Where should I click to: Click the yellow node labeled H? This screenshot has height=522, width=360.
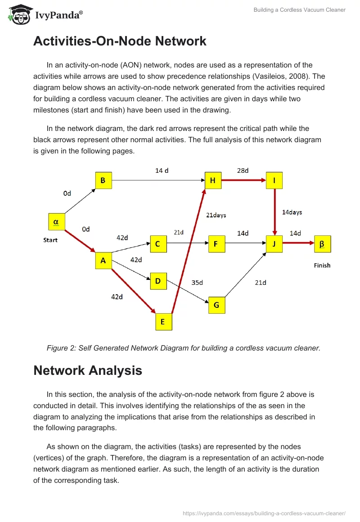point(213,180)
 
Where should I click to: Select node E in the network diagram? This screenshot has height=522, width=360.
point(163,321)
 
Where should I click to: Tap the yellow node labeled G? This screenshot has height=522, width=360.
point(216,305)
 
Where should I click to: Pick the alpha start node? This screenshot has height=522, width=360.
point(56,221)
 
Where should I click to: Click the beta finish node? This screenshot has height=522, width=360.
point(322,244)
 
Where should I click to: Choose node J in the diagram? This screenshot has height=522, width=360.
point(274,244)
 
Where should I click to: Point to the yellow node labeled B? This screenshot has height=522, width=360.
point(103,180)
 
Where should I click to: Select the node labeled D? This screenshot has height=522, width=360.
point(158,281)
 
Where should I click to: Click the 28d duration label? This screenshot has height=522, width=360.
point(243,171)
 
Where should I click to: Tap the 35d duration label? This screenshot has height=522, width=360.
point(197,283)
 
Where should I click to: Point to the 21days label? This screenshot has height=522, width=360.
point(216,215)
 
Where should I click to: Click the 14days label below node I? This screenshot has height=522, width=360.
point(292,212)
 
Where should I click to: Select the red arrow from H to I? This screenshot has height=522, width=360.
point(243,180)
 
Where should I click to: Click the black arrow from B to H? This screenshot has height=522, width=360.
point(157,180)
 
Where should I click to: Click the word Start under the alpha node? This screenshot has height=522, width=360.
point(50,240)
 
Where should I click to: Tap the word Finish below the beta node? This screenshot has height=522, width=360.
point(322,265)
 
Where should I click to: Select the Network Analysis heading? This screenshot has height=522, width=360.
point(88,370)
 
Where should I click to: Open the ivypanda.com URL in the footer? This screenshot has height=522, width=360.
point(264,513)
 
